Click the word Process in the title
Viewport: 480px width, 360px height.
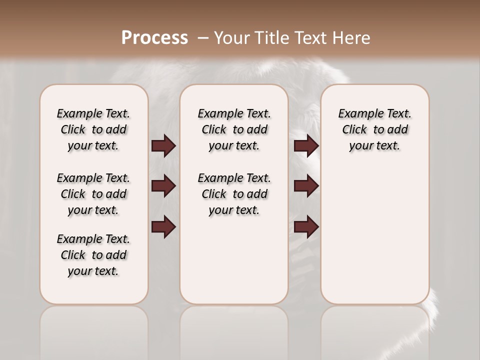click(x=154, y=37)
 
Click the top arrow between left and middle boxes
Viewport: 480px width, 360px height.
click(x=163, y=146)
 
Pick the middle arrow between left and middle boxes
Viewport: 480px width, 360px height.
click(x=163, y=186)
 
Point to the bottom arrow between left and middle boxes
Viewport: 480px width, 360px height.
click(x=163, y=227)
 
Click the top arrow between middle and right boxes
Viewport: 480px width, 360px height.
click(x=306, y=146)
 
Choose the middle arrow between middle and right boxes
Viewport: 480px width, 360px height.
click(x=306, y=186)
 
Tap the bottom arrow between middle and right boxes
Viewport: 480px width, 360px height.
click(x=306, y=227)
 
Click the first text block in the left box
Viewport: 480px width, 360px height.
click(x=93, y=129)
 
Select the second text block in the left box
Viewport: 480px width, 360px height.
click(x=93, y=194)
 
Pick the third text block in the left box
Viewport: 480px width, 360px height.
click(x=93, y=255)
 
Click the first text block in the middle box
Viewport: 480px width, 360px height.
click(x=234, y=129)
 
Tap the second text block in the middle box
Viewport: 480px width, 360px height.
click(x=234, y=194)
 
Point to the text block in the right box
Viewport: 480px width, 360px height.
click(x=374, y=129)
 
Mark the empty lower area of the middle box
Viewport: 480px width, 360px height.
click(x=234, y=260)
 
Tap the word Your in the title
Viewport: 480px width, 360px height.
click(x=231, y=38)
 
